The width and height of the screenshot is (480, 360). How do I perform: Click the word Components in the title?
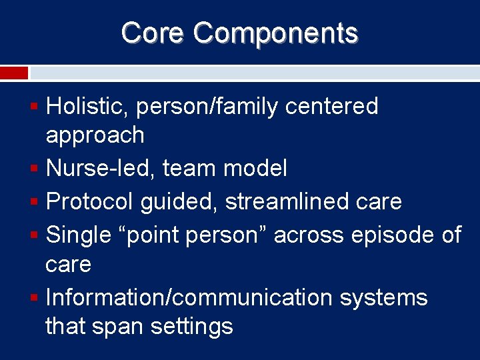click(276, 33)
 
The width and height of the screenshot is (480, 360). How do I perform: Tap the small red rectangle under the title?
click(14, 73)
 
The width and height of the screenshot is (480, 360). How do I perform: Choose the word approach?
click(95, 135)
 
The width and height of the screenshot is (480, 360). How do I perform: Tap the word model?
click(255, 168)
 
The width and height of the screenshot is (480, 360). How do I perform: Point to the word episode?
click(385, 234)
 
